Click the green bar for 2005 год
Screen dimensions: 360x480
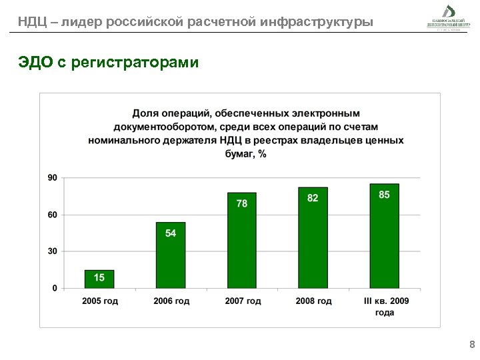[99, 279]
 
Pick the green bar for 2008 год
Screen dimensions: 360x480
[313, 238]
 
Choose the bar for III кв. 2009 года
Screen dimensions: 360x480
[385, 237]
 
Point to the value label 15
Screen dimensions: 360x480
[99, 277]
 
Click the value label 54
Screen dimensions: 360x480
[171, 233]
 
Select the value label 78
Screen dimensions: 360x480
[242, 203]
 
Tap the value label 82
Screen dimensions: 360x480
[313, 199]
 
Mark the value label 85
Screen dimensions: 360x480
[385, 195]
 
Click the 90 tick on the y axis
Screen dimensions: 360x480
[52, 177]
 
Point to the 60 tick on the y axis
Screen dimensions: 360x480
[52, 215]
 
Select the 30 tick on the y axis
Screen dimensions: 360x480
[52, 251]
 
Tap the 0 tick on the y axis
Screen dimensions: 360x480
[55, 288]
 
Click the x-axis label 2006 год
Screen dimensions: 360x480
[171, 301]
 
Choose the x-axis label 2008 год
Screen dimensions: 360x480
[314, 301]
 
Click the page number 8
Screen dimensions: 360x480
[472, 345]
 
